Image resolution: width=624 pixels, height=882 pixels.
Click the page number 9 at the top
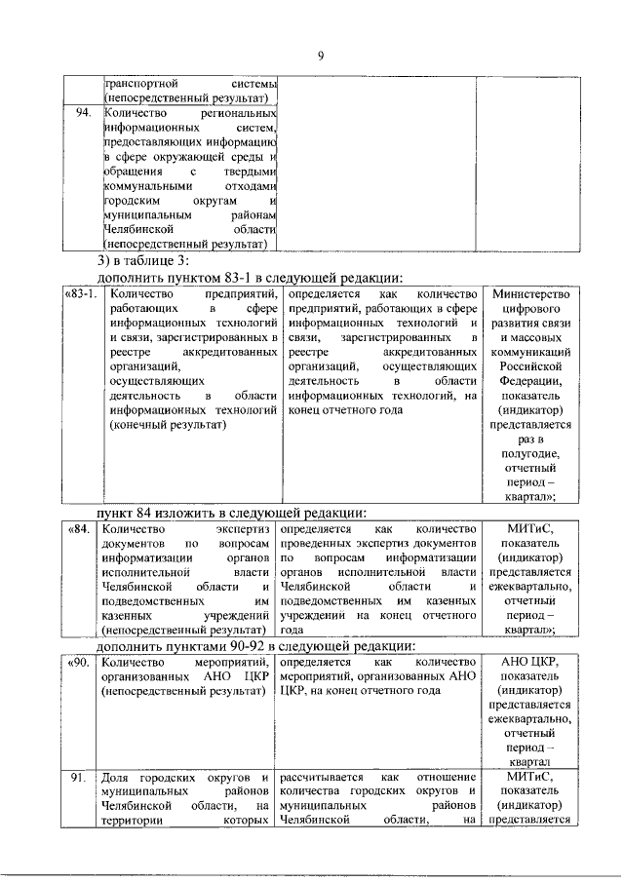(319, 55)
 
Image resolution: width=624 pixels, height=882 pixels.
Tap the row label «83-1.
(80, 293)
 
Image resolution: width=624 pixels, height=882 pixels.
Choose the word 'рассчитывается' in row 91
(323, 778)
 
